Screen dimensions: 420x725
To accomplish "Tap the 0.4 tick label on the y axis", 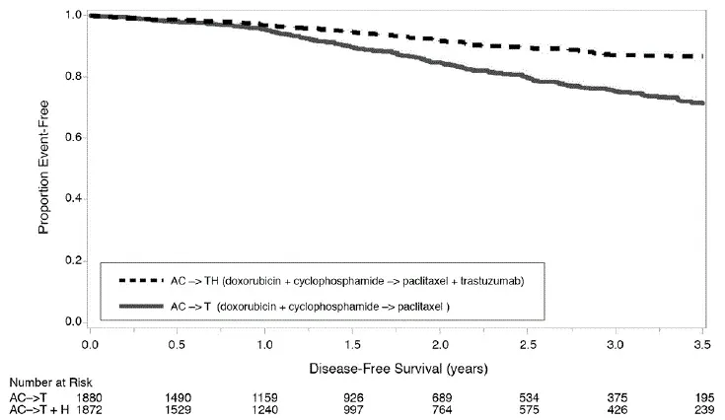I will click(73, 199).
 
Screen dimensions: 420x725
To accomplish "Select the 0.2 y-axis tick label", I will click(73, 261).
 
